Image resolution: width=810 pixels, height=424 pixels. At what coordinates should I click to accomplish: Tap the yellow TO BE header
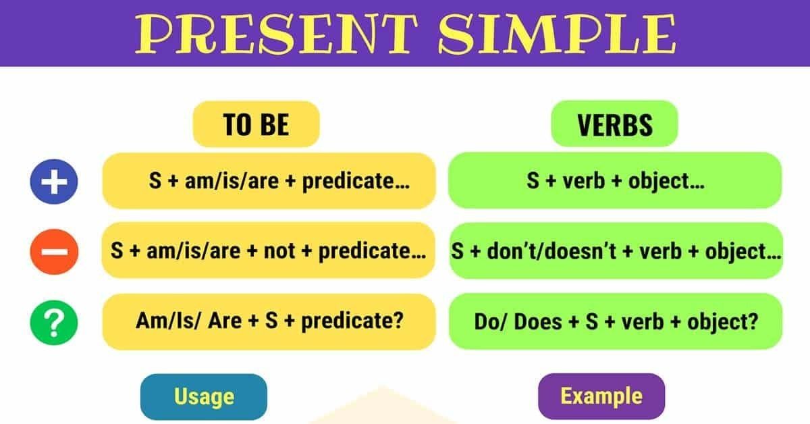pos(256,125)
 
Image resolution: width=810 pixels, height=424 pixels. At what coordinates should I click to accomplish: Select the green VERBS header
pos(614,125)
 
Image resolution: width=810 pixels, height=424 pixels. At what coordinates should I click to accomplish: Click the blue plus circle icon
pos(54,182)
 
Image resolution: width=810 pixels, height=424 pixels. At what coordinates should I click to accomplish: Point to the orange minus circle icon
pos(54,252)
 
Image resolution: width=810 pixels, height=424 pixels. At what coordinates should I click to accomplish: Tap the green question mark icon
pos(54,323)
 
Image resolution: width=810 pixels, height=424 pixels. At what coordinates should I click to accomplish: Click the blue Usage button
pos(204,396)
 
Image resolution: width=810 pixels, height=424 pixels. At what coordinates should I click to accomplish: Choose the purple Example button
pos(601,396)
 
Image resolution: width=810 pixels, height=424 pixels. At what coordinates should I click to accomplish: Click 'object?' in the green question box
pos(722,321)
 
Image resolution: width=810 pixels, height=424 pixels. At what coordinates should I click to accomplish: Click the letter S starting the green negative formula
pos(458,251)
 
